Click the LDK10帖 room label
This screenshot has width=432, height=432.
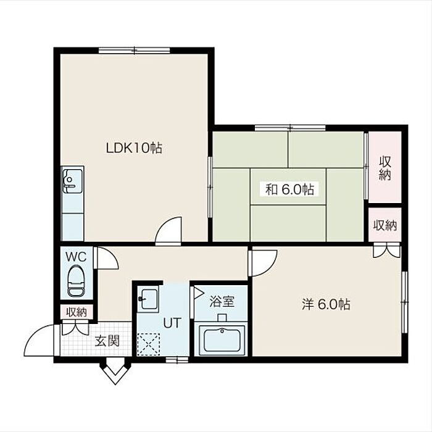coord(134,148)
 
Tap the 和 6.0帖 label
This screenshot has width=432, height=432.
coord(289,189)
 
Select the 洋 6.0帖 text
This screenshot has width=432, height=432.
coord(326,304)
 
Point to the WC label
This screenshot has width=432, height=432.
coord(76,257)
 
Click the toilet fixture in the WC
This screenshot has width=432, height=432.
coord(76,281)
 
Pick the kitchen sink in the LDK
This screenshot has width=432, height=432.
coord(72,181)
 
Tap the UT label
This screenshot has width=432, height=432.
coord(172,323)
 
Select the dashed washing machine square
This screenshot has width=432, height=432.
coord(149,344)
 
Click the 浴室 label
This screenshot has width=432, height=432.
coord(222,301)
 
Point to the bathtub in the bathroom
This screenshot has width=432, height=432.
coord(222,340)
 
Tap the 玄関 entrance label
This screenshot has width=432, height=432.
coord(107,341)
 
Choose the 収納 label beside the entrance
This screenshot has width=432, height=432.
coord(77,312)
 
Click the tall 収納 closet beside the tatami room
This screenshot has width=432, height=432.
coord(384,167)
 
